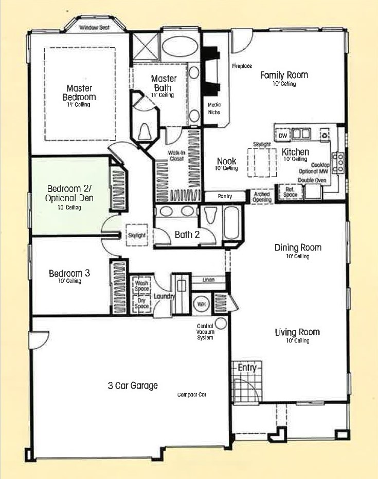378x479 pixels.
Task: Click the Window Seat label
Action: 94,28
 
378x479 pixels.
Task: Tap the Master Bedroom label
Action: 79,92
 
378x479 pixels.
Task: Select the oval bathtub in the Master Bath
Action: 179,47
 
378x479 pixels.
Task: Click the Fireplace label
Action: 242,66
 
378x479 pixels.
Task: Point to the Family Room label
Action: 284,75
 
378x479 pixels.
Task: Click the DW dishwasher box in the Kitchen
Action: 283,135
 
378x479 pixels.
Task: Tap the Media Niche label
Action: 214,108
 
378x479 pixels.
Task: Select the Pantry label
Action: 225,196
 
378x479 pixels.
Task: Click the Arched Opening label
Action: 262,197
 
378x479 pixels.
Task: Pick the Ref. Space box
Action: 290,192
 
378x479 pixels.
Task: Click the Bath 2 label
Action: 187,235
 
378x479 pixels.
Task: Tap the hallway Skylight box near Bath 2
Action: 137,235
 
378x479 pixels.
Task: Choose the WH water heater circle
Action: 201,304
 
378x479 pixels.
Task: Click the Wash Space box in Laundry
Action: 141,286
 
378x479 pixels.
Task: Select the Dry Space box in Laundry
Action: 141,303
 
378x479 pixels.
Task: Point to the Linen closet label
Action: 208,279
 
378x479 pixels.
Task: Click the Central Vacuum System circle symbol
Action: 221,323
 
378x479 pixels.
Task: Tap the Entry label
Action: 247,368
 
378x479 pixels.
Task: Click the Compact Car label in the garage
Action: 192,395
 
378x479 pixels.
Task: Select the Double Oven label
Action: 312,180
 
